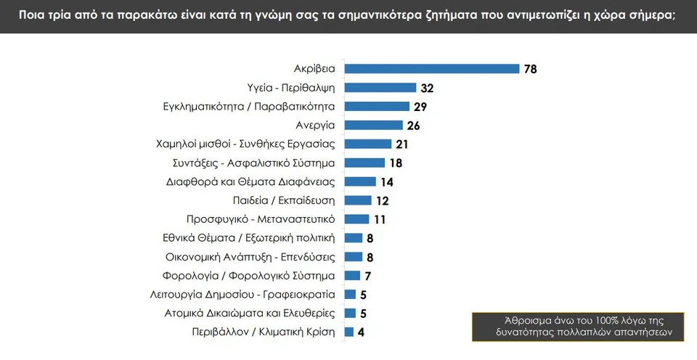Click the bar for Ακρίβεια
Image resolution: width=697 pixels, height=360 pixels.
pos(432,69)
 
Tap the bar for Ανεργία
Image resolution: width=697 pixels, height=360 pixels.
pos(373,126)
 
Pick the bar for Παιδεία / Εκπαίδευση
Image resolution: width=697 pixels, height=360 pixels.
pos(358,200)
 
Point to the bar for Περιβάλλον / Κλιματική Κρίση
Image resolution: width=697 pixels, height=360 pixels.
pos(349,332)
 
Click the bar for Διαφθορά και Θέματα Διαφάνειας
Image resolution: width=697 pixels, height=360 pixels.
pos(360,181)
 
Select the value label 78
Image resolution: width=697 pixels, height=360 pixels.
pos(531,69)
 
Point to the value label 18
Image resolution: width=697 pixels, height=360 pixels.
pos(396,163)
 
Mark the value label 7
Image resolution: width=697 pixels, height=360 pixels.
pos(368,276)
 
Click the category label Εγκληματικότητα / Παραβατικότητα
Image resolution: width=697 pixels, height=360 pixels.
pos(249,107)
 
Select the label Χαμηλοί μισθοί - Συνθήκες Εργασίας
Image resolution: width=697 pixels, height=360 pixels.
pos(245,144)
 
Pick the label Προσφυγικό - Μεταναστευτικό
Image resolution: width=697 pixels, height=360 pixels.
pos(261,219)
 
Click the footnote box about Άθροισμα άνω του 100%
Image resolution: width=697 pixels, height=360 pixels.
pos(584,326)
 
